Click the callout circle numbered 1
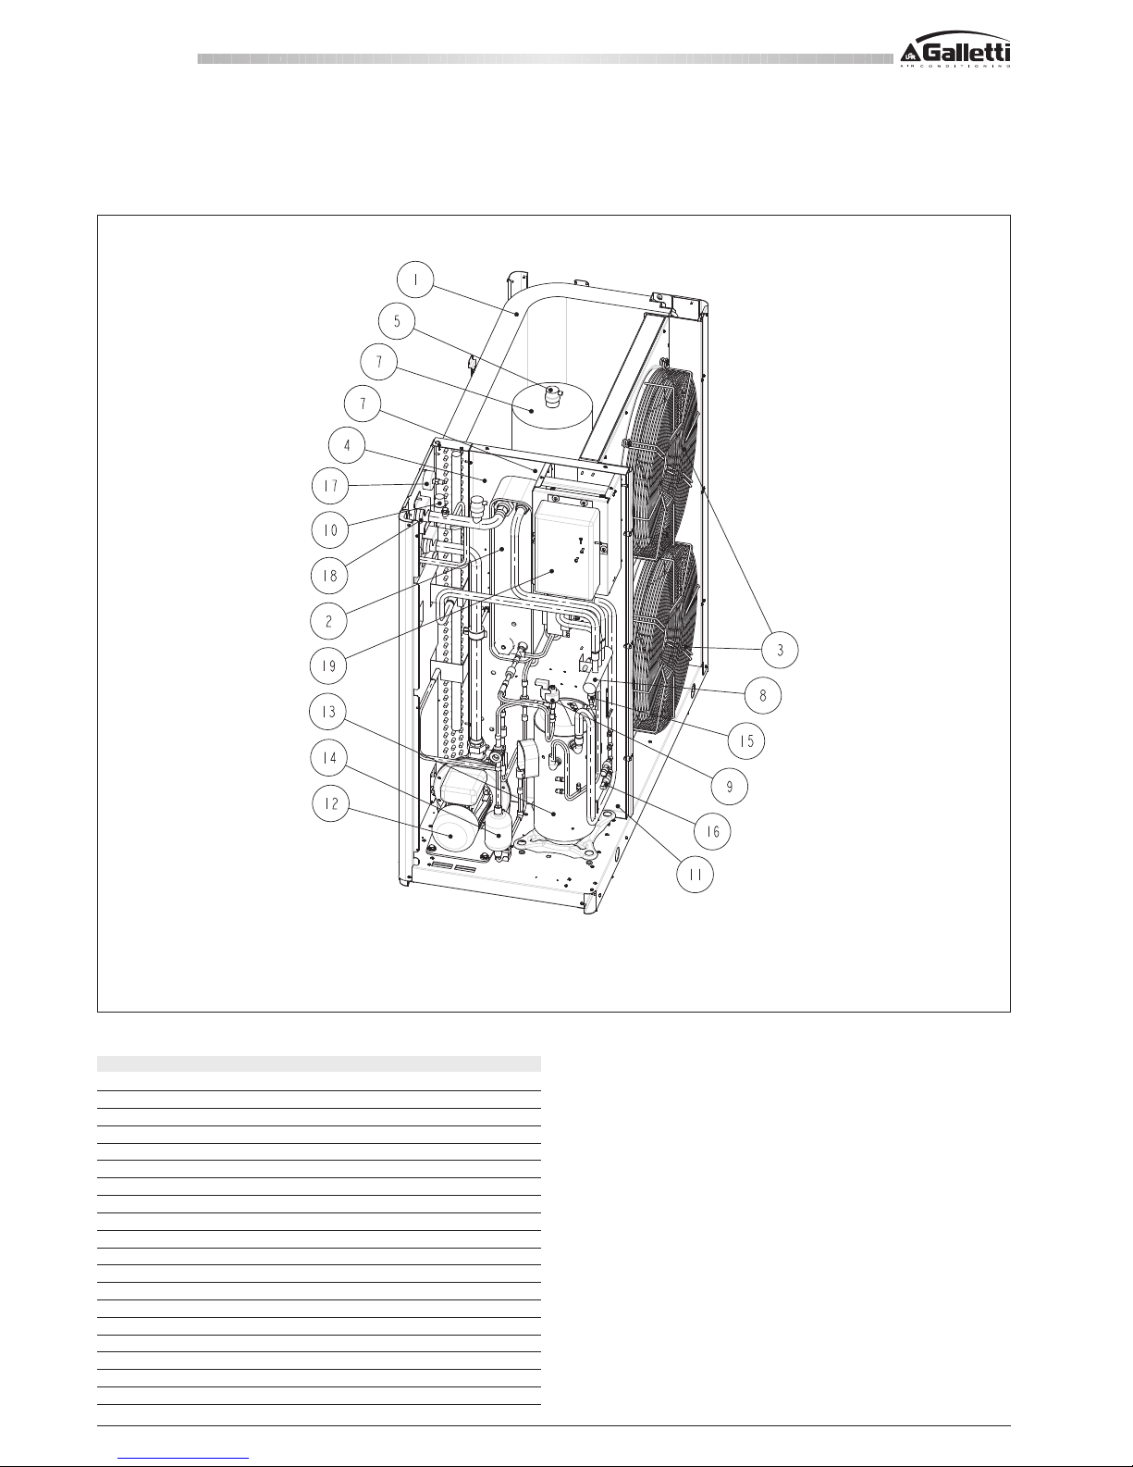415,280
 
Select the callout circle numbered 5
397,321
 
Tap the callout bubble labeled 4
347,445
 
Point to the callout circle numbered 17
330,486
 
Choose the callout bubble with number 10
330,529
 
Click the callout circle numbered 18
329,576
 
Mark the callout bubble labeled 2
328,620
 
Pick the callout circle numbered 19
328,666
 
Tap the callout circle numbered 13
327,713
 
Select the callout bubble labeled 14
329,758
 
